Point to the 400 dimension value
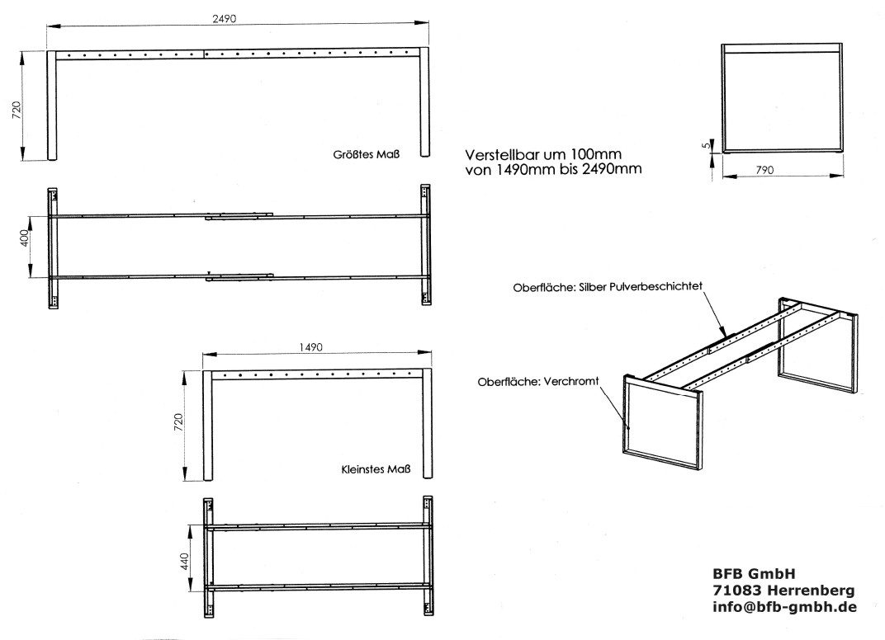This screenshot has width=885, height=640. [25, 239]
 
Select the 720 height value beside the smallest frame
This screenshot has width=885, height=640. [177, 426]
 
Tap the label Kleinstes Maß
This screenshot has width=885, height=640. [370, 471]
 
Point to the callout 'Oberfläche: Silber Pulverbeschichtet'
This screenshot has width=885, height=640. [608, 286]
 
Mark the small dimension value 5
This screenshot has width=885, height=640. [703, 145]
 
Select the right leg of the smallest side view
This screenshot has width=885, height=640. [428, 425]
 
